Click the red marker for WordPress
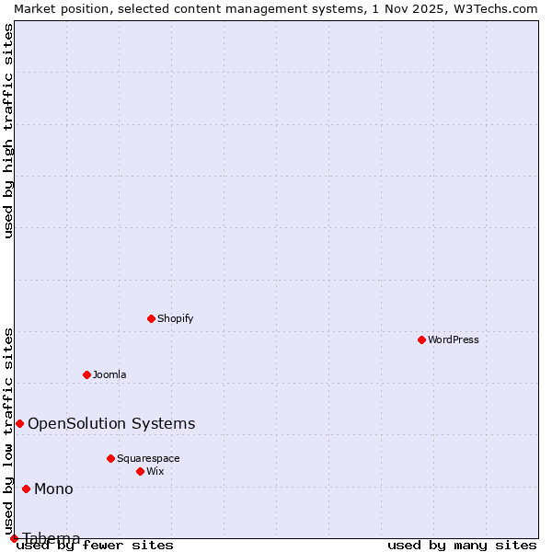point(421,339)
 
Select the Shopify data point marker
point(151,318)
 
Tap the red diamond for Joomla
point(86,374)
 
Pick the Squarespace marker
point(110,458)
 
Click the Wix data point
point(140,471)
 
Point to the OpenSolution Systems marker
point(19,423)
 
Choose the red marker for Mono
point(26,489)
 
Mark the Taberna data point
point(14,538)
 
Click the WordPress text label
point(454,339)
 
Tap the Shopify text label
point(176,318)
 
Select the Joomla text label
point(109,374)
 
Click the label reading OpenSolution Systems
point(111,423)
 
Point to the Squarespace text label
point(148,458)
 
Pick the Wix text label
point(155,471)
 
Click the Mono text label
point(53,489)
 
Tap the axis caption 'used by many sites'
point(462,546)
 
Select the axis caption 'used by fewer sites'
point(96,546)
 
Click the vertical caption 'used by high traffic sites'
point(9,131)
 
